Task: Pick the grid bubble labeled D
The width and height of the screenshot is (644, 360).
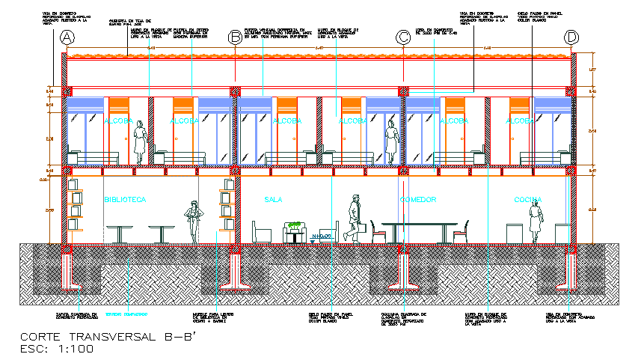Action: (572, 37)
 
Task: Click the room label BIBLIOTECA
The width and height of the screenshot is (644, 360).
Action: (125, 200)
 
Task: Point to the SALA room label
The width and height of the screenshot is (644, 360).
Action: (275, 200)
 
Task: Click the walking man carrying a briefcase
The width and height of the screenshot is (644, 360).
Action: (355, 219)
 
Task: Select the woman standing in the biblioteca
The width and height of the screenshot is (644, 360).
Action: (194, 222)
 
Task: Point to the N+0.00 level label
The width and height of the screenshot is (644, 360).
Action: (321, 237)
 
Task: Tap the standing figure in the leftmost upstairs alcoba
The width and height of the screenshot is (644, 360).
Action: (139, 141)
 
